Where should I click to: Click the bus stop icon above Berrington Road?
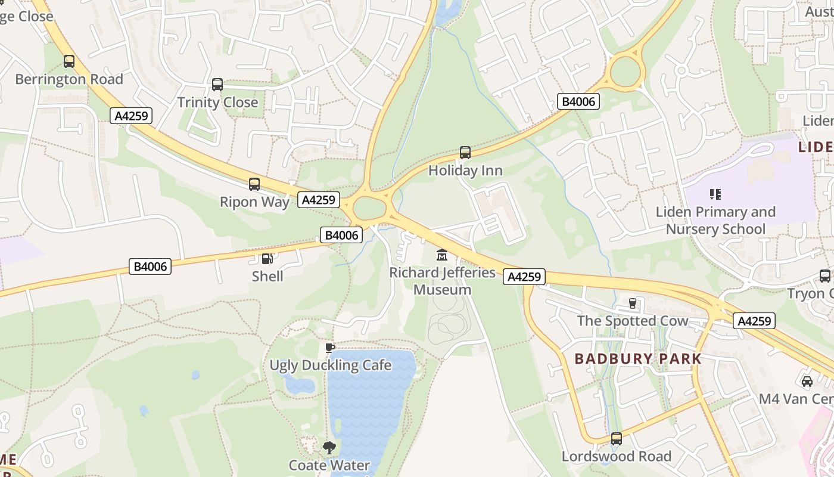coord(69,61)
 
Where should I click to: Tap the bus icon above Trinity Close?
coord(217,85)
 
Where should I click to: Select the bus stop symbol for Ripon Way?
coord(254,184)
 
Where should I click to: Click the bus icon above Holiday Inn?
coord(465,153)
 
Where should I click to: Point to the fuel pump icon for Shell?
coord(267,258)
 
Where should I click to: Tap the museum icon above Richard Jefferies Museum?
coord(442,255)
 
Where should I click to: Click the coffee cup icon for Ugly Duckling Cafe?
coord(330,348)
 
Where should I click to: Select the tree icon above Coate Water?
coord(329,447)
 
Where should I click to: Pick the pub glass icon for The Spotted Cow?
coord(633,303)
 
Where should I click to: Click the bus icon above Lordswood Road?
coord(616,439)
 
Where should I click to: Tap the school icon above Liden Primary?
coord(715,194)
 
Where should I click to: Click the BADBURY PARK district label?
coord(638,359)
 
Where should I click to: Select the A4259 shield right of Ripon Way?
coord(319,200)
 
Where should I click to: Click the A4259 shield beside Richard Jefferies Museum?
coord(524,277)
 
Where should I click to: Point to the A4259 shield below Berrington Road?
coord(131,116)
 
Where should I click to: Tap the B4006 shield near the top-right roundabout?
coord(578,101)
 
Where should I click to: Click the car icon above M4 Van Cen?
coord(807,381)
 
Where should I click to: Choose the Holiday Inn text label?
coord(465,171)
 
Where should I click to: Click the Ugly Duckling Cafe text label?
coord(331,365)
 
